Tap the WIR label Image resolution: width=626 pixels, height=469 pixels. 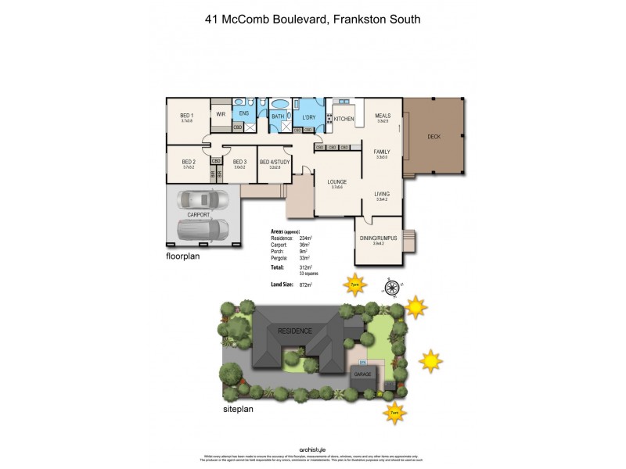(221, 113)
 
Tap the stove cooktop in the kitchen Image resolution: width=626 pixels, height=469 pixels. (330, 119)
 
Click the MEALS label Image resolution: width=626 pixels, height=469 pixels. (383, 115)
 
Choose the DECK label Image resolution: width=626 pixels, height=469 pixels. (434, 137)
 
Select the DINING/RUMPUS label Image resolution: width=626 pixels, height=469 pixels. (377, 238)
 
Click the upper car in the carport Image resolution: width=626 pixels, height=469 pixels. (202, 199)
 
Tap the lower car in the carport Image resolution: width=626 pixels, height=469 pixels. (203, 229)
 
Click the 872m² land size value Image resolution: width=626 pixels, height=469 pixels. (306, 285)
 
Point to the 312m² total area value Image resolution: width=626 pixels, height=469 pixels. (306, 267)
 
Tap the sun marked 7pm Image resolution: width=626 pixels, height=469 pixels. (355, 285)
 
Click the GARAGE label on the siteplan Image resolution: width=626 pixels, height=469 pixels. (362, 375)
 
